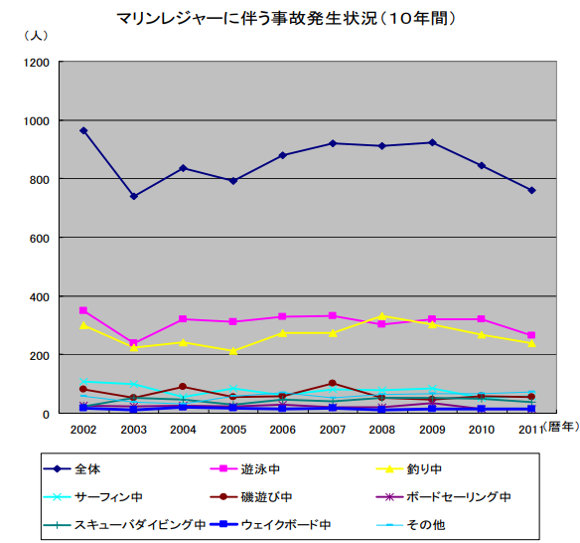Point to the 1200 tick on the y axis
pos(37,63)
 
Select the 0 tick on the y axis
pos(46,414)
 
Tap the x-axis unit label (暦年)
pos(558,427)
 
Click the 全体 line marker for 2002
pos(83,130)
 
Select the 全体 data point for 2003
pos(133,196)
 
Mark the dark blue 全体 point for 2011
pos(531,190)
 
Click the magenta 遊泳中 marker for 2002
pos(83,310)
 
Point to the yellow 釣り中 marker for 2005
pos(232,351)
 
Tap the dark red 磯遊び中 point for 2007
pos(332,383)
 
